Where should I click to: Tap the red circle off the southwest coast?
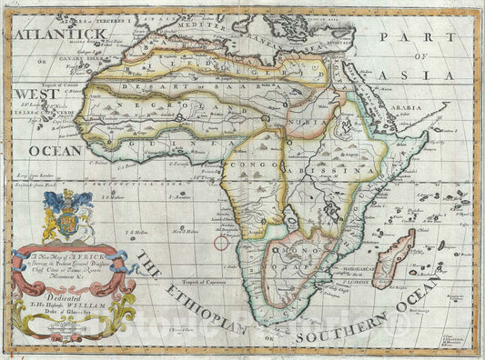221,242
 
